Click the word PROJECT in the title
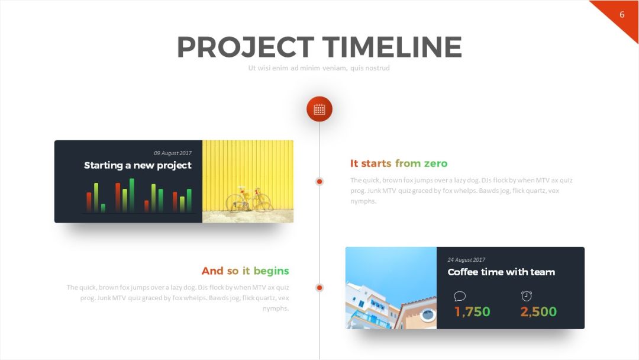tap(246, 47)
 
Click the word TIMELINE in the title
tap(392, 47)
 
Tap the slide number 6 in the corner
tap(622, 15)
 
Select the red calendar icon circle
tap(319, 110)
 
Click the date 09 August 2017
tap(173, 153)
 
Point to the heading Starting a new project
tap(138, 165)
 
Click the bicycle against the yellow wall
tap(249, 199)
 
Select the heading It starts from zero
tap(399, 163)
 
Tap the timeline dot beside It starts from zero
tap(319, 181)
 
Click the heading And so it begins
tap(246, 271)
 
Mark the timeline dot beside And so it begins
tap(319, 288)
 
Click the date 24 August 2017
tap(467, 260)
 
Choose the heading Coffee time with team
tap(501, 272)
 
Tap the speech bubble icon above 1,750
tap(460, 296)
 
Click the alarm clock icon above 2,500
tap(527, 296)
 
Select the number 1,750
tap(472, 312)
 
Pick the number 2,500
tap(538, 312)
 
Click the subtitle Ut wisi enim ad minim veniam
tap(319, 68)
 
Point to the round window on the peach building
tap(428, 315)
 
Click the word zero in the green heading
tap(435, 164)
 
